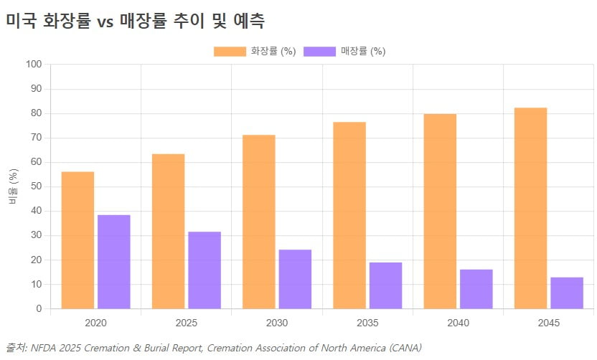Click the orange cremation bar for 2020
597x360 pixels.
click(x=77, y=240)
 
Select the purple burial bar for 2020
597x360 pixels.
click(x=113, y=262)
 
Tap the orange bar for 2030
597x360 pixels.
click(x=258, y=222)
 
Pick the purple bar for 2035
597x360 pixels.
click(x=385, y=285)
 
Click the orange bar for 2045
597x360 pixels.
click(x=530, y=208)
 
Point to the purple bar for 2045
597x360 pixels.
click(x=566, y=293)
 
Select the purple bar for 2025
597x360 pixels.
click(x=204, y=270)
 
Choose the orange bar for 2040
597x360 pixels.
click(x=440, y=211)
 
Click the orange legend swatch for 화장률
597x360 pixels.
click(x=230, y=52)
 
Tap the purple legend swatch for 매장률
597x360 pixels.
click(x=320, y=52)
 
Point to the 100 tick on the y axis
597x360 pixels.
click(x=34, y=65)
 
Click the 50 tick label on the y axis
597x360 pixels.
click(x=37, y=186)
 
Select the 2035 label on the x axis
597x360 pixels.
click(x=367, y=323)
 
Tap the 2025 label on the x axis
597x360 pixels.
click(x=187, y=323)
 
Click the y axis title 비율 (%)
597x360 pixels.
click(x=12, y=186)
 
